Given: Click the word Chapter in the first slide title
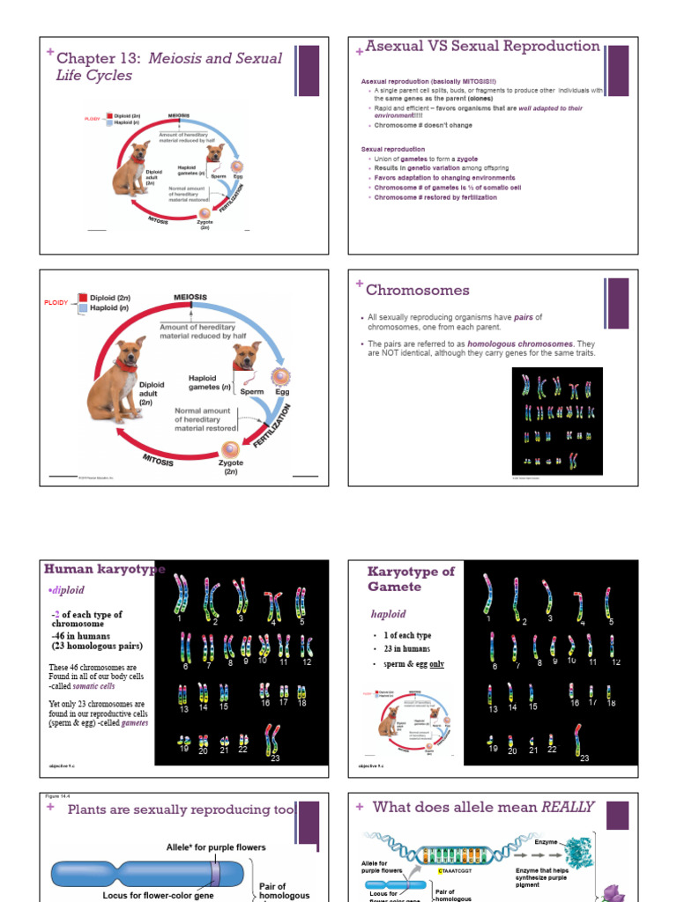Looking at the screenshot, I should coord(86,58).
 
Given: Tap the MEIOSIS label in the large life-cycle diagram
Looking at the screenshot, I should coord(190,298).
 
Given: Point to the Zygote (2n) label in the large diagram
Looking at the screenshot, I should coord(230,467).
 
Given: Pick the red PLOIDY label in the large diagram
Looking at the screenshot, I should coord(56,303).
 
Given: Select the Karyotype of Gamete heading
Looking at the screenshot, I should coord(411,579).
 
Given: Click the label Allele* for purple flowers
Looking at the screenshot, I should coord(216,847).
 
